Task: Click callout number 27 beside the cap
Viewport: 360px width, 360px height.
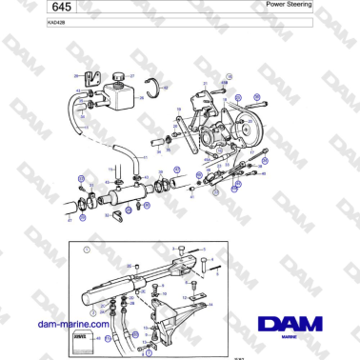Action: point(132,74)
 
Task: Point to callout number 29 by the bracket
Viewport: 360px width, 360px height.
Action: point(76,74)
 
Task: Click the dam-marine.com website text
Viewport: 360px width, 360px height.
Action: point(72,324)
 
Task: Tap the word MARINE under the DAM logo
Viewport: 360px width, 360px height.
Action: point(294,337)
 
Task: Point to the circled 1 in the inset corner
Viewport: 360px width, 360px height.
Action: point(86,251)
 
